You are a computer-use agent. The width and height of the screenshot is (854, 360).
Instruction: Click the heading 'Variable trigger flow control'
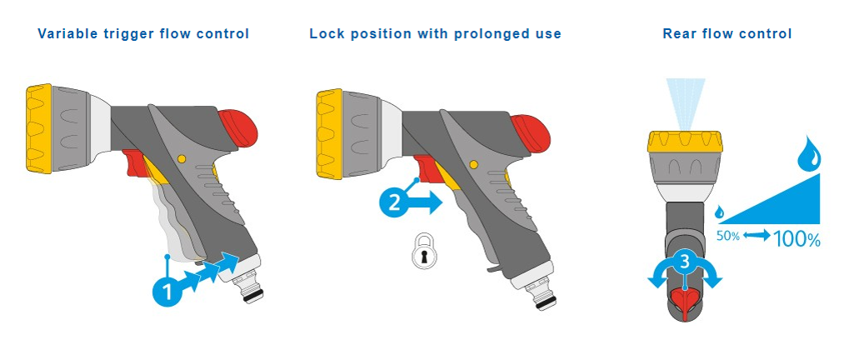pos(143,34)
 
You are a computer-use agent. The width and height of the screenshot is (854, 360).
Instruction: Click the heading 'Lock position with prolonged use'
pos(435,34)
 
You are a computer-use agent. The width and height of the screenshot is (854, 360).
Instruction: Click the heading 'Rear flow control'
pos(727,34)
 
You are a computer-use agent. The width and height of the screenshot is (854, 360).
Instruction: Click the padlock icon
pos(424,251)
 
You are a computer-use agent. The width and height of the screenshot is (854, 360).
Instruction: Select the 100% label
pos(797,238)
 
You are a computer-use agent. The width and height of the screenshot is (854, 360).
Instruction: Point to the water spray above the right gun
pos(684,103)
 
